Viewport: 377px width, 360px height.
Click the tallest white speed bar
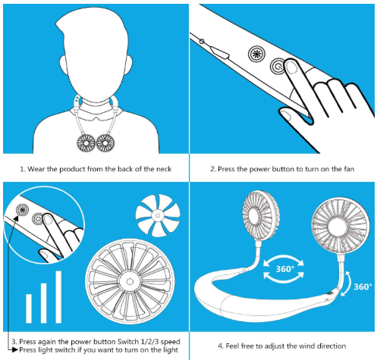tap(58, 297)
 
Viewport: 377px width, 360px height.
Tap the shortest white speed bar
tap(29, 308)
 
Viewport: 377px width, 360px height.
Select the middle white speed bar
tap(44, 303)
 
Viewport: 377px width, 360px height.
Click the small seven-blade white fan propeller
tap(158, 215)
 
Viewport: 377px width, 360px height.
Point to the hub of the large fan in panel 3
tap(130, 281)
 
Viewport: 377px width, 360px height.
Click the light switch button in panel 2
tap(256, 54)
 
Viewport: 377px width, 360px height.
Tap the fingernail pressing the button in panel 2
tap(292, 67)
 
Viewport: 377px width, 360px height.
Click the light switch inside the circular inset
tap(23, 210)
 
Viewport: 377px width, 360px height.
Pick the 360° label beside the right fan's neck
tap(363, 286)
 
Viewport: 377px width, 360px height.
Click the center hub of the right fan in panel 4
tap(338, 227)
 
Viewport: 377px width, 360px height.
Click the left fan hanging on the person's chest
tap(86, 143)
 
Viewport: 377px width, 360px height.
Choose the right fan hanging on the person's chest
tap(105, 143)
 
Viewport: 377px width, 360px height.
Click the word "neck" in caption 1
tap(164, 169)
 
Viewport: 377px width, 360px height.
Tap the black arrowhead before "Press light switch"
tap(16, 350)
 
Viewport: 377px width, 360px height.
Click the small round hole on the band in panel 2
tap(202, 41)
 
